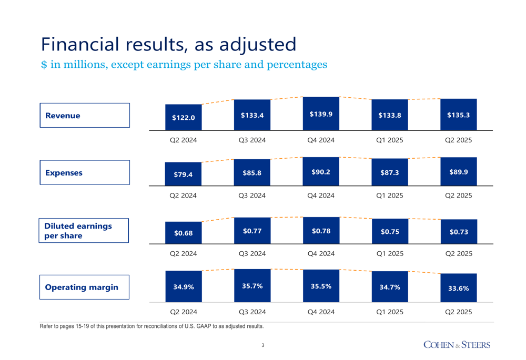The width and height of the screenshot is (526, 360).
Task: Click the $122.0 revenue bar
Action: tap(183, 117)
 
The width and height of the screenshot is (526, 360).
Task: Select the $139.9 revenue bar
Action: tap(321, 114)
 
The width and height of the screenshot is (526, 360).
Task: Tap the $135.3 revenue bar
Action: tap(458, 115)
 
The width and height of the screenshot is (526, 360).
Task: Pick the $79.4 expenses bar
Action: tap(183, 174)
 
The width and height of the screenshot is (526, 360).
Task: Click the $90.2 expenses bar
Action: tap(321, 172)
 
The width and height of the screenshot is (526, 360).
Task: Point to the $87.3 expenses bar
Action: tap(390, 172)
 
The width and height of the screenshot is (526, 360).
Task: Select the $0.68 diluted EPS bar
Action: tap(183, 232)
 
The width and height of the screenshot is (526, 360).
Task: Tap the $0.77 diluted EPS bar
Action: tap(252, 231)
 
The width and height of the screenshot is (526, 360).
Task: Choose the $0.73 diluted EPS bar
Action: tap(458, 232)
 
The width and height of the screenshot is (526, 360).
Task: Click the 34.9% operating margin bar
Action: tap(183, 286)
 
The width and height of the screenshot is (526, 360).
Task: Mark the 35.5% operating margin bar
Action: tap(321, 286)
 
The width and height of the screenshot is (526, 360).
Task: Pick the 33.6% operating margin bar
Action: tap(458, 288)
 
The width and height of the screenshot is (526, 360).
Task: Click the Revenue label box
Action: tap(84, 116)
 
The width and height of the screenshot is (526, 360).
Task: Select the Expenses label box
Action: tap(84, 172)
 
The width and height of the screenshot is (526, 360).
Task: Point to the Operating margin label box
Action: tap(84, 287)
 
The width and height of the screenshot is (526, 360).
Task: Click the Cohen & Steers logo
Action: tap(457, 345)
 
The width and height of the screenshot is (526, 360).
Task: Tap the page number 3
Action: tap(263, 345)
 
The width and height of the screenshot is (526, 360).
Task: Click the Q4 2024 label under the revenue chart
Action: tap(321, 140)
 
